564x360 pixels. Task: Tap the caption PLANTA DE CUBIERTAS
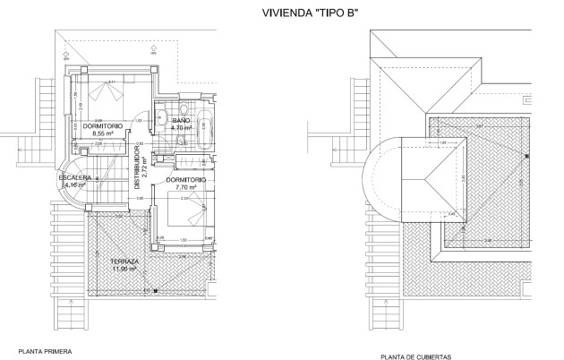pyautogui.click(x=415, y=356)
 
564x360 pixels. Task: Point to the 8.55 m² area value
pyautogui.click(x=104, y=134)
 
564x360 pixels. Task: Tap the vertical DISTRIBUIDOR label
pyautogui.click(x=137, y=167)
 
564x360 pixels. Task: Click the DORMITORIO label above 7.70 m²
pyautogui.click(x=185, y=180)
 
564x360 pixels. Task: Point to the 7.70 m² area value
pyautogui.click(x=185, y=188)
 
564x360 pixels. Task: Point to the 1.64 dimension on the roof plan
pyautogui.click(x=442, y=143)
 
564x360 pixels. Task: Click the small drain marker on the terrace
pyautogui.click(x=156, y=290)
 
